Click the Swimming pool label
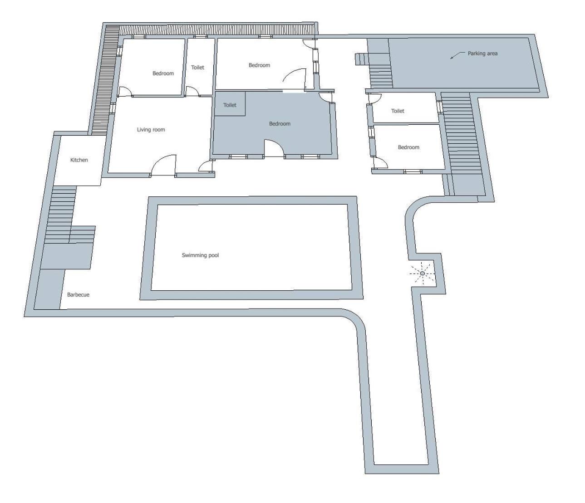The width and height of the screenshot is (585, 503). (200, 255)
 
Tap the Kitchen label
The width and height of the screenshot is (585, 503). (79, 160)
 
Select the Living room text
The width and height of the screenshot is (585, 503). (151, 130)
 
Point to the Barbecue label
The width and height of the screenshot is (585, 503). (78, 294)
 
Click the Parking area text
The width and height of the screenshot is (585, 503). (482, 53)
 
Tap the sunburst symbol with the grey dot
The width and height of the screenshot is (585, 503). (422, 273)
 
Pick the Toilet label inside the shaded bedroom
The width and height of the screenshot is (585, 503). (230, 105)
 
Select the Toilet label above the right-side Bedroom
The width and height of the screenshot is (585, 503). (398, 111)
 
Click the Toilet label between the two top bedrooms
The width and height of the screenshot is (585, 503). (197, 67)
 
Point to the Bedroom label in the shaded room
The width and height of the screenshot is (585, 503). (280, 124)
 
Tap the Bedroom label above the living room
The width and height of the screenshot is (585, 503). (163, 73)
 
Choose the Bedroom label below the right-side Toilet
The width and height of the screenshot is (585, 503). (408, 147)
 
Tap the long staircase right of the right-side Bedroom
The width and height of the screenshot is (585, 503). (461, 133)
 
